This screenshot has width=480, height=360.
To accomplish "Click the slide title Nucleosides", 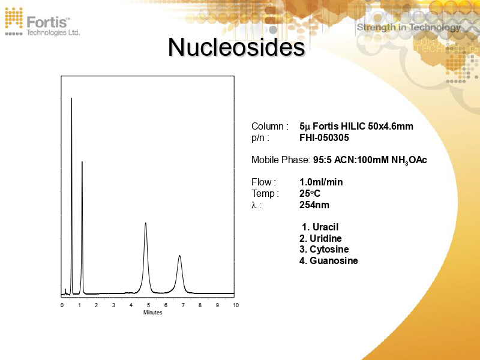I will point(236,47).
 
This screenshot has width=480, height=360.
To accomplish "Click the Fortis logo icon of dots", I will point(14,20).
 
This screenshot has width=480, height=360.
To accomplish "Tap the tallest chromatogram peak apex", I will point(71,98).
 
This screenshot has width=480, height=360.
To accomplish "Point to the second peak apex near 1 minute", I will point(82,162).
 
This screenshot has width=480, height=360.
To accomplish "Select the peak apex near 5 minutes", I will point(146,223).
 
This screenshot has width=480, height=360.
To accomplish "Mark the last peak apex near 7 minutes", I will point(179,256).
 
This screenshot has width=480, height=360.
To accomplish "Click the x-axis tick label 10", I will point(236,305).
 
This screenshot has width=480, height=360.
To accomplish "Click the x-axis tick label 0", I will point(62,305).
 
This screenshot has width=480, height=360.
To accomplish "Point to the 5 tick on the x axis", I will point(149,305).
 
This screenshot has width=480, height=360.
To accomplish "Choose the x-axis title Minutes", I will point(152,313).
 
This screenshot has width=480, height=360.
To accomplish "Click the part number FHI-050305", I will point(324,137).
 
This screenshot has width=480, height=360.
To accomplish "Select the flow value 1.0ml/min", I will point(321,182).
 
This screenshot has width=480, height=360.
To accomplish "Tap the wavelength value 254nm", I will point(314,205).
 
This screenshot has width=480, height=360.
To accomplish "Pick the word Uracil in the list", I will point(325,227).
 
